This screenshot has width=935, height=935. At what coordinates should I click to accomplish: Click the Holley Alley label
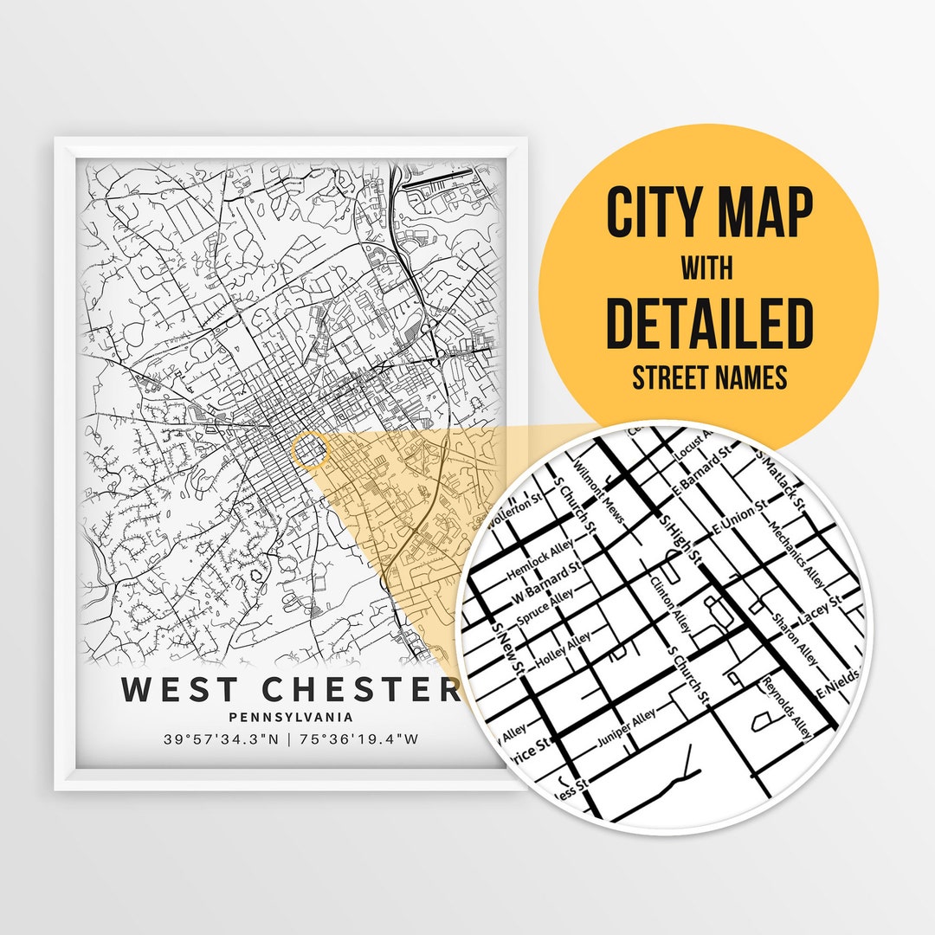coord(564,648)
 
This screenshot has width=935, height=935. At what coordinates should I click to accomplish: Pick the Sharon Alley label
coord(796,639)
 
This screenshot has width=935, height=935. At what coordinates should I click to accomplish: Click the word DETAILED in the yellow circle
coord(709,321)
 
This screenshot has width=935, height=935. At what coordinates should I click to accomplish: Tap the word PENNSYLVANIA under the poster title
coord(291,717)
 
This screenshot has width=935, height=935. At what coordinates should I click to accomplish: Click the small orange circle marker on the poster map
coord(311,451)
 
